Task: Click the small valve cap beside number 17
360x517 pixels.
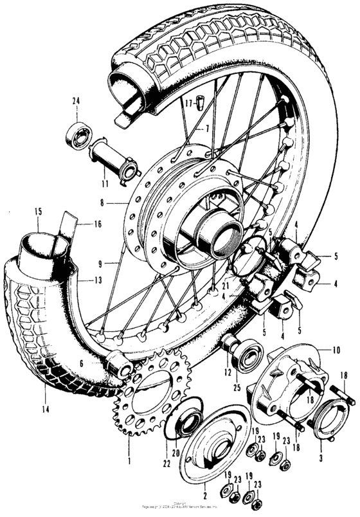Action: click(199, 100)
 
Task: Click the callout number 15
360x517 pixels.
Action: click(38, 211)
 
